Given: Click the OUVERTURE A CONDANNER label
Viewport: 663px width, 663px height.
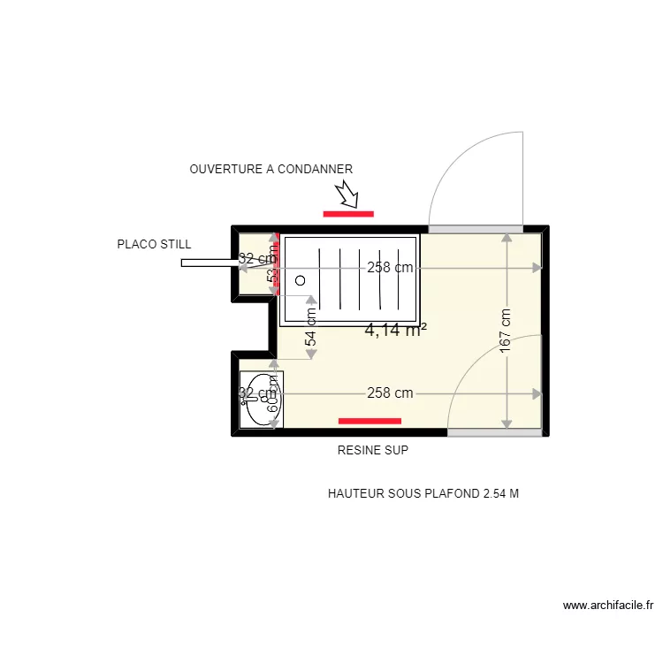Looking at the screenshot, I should click(271, 169).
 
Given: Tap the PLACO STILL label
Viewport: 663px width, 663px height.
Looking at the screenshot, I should click(154, 245).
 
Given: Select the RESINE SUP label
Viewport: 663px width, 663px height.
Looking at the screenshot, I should click(372, 450).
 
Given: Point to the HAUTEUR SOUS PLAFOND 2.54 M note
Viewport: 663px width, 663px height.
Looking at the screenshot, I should click(423, 493).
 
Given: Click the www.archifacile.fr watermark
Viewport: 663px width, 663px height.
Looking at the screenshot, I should click(608, 606).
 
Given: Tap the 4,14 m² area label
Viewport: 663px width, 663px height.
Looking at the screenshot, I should click(395, 331).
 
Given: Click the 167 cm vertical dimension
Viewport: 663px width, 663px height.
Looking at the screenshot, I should click(506, 331).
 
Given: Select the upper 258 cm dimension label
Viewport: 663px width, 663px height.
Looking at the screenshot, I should click(390, 268).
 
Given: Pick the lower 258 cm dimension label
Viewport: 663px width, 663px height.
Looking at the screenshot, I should click(390, 393).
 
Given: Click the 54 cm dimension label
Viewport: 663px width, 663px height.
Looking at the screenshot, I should click(311, 328).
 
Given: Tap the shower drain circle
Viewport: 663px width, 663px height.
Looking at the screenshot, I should click(300, 280).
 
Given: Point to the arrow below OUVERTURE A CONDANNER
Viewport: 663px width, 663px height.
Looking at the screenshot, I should click(346, 194).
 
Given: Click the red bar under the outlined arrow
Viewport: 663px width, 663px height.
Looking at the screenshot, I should click(348, 213).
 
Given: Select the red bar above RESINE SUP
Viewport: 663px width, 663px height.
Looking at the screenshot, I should click(370, 421).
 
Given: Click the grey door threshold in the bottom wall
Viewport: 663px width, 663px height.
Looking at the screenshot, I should click(494, 432).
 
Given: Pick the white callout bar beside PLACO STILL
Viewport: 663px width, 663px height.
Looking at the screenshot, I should click(209, 263).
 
